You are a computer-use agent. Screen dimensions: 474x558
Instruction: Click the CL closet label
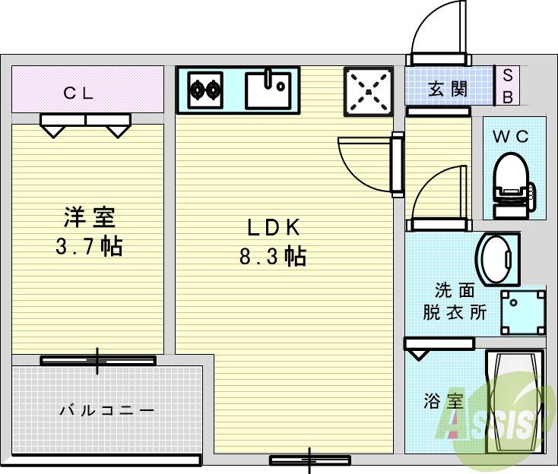click(x=78, y=93)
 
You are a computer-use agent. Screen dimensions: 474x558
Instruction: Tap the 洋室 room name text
click(x=89, y=218)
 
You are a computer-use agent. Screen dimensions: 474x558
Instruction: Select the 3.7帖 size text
click(x=89, y=246)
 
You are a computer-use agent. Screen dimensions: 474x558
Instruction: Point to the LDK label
click(x=274, y=227)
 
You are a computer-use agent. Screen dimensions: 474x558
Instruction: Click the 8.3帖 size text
click(x=273, y=256)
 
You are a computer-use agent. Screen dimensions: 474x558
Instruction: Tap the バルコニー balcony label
click(x=106, y=411)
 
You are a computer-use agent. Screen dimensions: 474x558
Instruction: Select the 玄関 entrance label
click(x=448, y=89)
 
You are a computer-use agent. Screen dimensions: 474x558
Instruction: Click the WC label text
click(x=511, y=137)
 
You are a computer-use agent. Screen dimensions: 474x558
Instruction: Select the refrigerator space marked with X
click(x=369, y=92)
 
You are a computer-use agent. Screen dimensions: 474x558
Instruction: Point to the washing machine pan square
click(x=522, y=310)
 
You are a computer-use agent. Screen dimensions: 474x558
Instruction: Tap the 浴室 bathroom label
click(x=443, y=401)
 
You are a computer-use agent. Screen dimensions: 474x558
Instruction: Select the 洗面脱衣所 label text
click(x=455, y=302)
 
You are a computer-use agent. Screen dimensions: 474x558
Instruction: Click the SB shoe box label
click(x=508, y=85)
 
